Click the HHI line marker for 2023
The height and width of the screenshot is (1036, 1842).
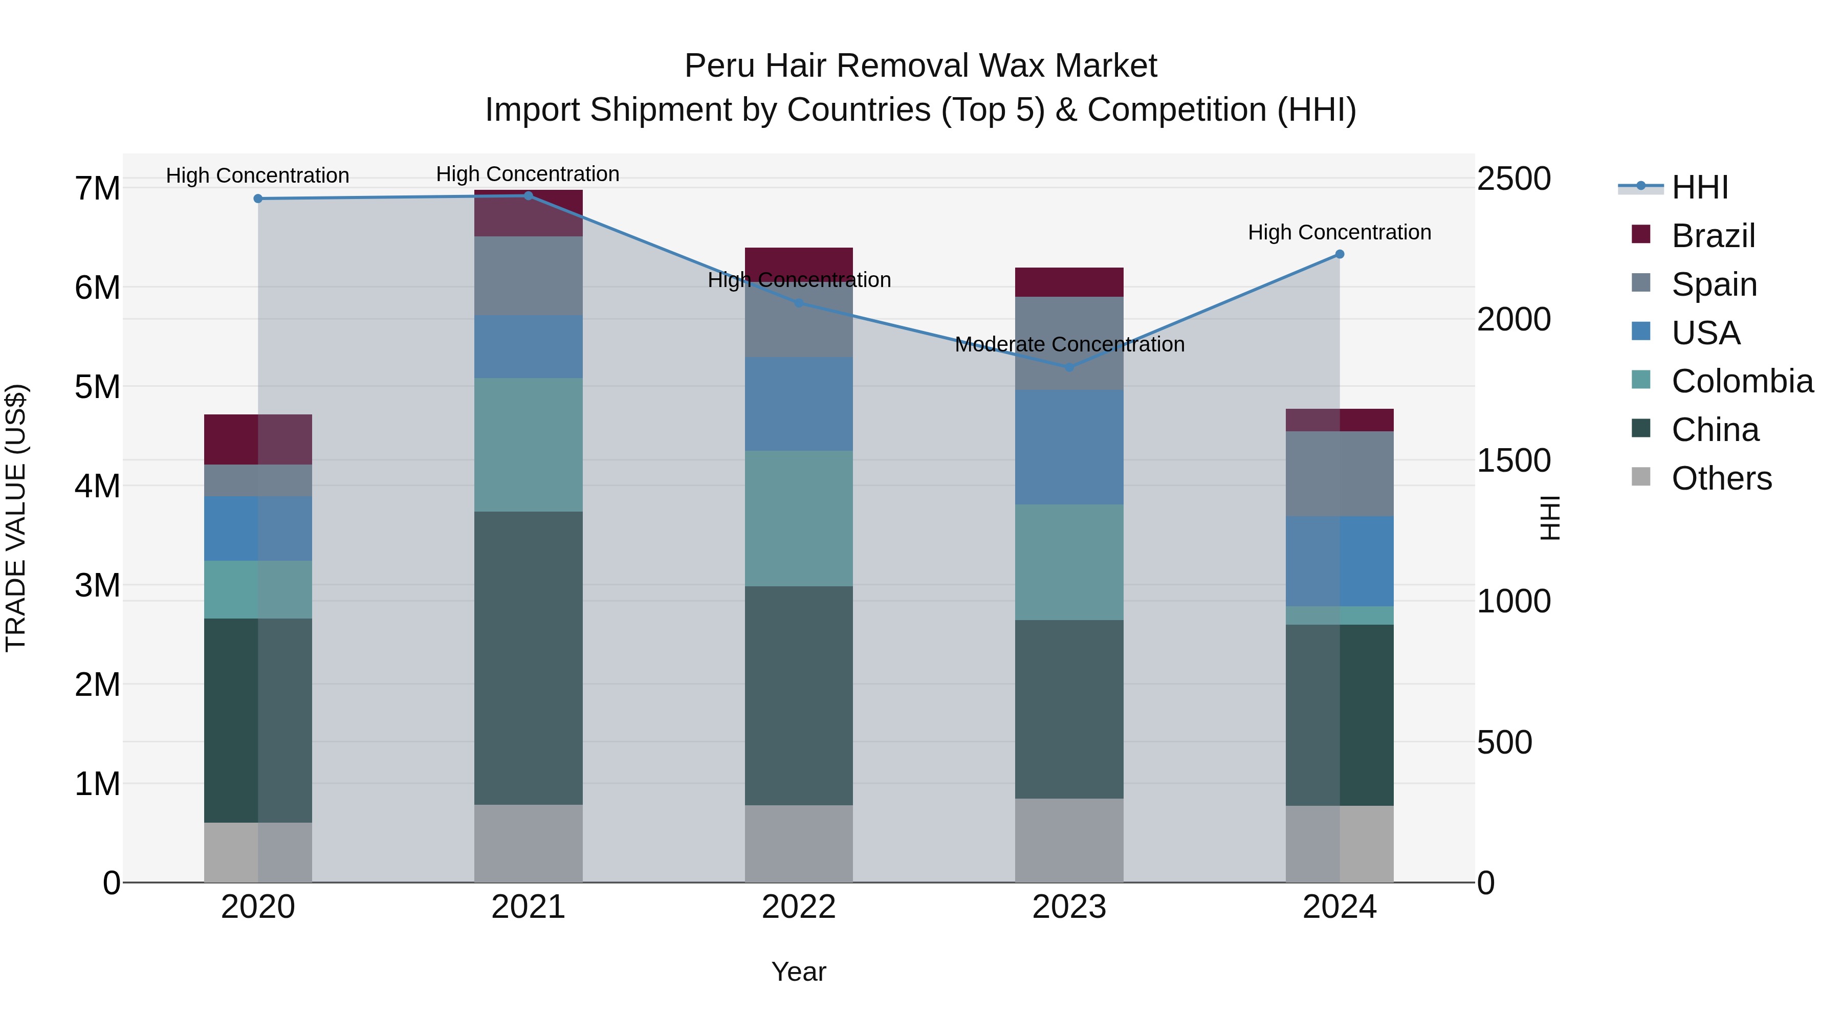tap(1069, 367)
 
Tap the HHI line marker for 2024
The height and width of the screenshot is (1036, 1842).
tap(1340, 254)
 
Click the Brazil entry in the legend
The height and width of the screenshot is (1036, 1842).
tap(1713, 236)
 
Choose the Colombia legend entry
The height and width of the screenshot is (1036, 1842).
tap(1741, 381)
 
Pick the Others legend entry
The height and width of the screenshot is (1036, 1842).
tap(1721, 478)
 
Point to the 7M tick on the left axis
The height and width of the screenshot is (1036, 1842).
tap(98, 189)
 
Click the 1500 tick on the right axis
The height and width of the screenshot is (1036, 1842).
tap(1514, 460)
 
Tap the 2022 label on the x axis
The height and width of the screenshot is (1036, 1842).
tap(799, 907)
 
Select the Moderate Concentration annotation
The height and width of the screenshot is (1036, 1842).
tap(1069, 345)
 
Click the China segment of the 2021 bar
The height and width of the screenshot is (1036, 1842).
tap(529, 658)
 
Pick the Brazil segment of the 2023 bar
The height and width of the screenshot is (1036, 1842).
tap(1069, 282)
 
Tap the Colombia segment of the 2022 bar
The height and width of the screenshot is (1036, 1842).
tap(799, 518)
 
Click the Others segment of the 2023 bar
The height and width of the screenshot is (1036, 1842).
tap(1069, 840)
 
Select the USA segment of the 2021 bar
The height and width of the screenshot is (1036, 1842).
tap(529, 347)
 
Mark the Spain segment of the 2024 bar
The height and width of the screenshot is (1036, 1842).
tap(1340, 473)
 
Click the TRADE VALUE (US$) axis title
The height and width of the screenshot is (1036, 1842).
tap(16, 518)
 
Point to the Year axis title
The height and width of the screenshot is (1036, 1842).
tap(799, 972)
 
